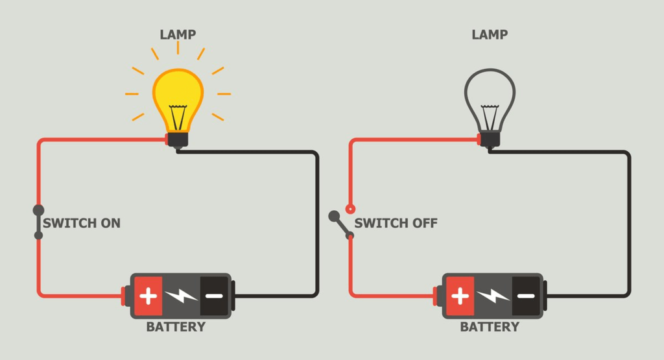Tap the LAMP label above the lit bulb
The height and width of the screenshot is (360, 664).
point(178,34)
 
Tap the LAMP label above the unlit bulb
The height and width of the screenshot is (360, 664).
point(490,34)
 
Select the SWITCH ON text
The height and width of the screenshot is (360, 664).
point(82,223)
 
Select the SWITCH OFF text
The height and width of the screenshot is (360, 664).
point(396,223)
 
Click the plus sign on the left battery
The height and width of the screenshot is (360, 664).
point(148,296)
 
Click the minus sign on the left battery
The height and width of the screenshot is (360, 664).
point(214,296)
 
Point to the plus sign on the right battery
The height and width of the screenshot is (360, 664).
point(460,296)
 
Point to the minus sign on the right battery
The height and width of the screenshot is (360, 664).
point(526,296)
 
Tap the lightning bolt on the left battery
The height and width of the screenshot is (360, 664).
point(182,296)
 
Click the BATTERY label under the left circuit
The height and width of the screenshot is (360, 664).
point(176,327)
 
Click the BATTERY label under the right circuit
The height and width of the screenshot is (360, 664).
point(490,327)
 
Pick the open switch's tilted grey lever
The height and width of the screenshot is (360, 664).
point(341,224)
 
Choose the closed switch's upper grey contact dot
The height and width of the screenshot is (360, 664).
point(38,210)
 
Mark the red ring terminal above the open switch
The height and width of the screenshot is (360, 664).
point(350,209)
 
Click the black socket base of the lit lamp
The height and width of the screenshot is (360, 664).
point(178,139)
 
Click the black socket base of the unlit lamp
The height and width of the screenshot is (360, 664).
point(490,139)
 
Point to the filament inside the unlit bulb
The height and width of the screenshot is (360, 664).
point(490,115)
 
